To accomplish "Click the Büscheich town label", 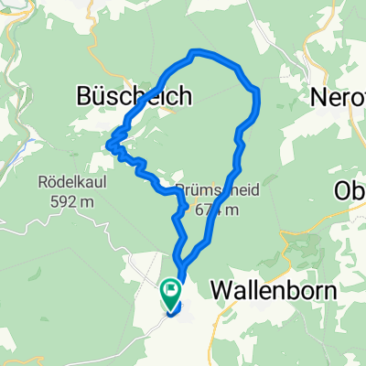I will (x=133, y=95).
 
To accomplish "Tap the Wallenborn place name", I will (x=274, y=291).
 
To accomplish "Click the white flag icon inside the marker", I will (x=171, y=291).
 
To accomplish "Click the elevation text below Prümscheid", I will (x=220, y=210).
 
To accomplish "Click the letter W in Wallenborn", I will (x=221, y=291).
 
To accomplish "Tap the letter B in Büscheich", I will (x=82, y=95).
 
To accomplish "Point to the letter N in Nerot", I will (x=320, y=95).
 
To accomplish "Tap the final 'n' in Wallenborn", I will (x=330, y=291).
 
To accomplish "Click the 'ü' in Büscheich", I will (x=99, y=95).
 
